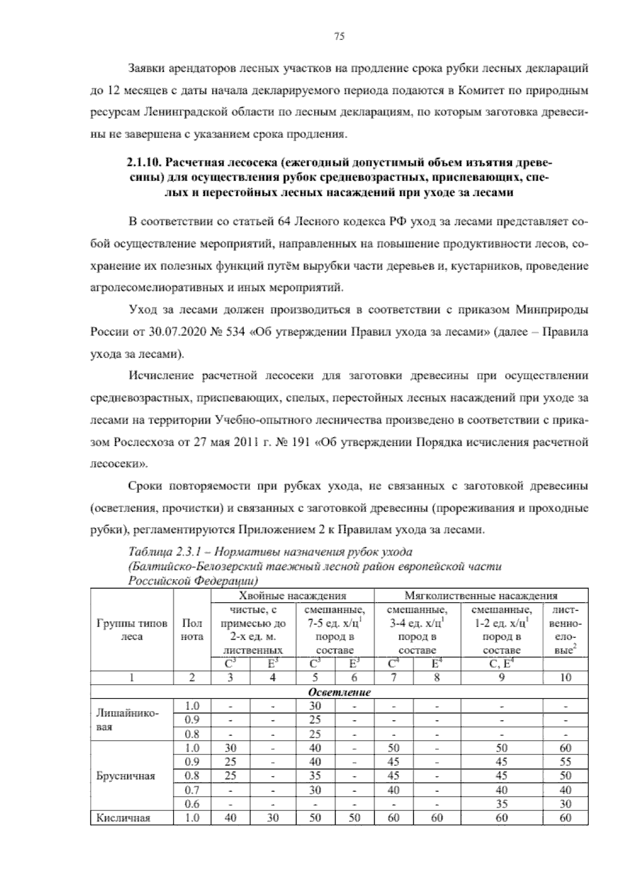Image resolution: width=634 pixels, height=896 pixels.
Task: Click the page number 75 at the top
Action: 339,36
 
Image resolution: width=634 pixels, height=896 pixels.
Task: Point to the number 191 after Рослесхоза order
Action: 299,441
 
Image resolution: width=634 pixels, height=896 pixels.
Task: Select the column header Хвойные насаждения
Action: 292,596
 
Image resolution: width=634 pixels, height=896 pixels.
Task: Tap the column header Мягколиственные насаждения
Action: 481,596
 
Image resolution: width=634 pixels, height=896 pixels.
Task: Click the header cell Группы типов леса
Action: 132,630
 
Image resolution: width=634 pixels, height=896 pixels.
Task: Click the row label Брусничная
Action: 126,776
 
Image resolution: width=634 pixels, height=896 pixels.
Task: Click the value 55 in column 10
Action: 565,762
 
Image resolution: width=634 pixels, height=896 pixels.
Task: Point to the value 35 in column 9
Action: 501,804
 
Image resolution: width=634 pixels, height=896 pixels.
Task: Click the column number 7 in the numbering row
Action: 393,678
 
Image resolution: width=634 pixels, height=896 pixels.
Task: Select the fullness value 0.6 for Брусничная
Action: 192,804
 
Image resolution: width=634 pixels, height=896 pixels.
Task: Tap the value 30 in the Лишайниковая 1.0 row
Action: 315,706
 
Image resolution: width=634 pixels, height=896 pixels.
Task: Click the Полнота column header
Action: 192,630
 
